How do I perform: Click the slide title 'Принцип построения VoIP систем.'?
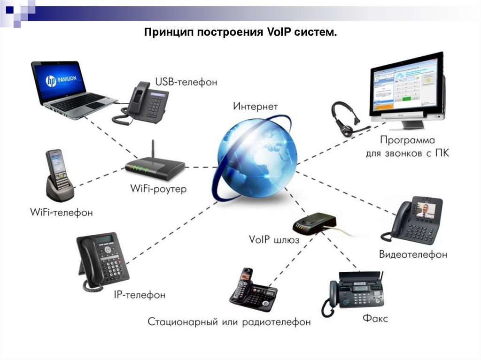tap(240, 33)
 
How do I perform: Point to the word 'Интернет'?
tap(256, 107)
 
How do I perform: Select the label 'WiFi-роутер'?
tap(158, 189)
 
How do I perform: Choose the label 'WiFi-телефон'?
tap(62, 213)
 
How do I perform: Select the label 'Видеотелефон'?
tap(413, 255)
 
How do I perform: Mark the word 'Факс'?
tap(375, 319)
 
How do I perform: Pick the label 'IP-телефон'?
tap(140, 295)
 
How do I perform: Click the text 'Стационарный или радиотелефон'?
tap(229, 322)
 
